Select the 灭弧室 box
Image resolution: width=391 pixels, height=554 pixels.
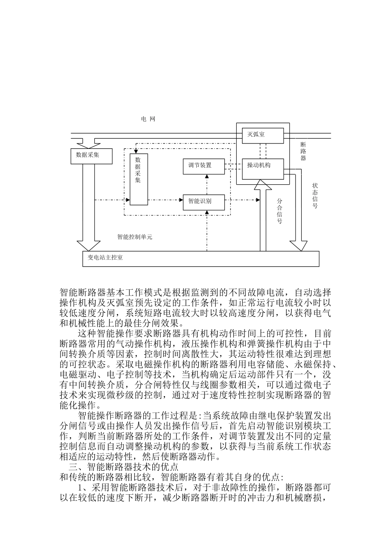(263, 135)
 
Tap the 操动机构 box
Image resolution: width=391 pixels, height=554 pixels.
(263, 169)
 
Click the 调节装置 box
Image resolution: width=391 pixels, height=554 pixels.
(204, 165)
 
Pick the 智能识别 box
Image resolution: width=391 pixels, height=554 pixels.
(204, 202)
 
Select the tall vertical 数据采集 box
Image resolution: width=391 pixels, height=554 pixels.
(138, 179)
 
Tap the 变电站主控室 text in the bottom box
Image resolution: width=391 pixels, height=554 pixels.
(105, 258)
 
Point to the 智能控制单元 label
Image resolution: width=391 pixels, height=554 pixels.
(135, 237)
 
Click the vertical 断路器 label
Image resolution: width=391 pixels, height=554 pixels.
(303, 151)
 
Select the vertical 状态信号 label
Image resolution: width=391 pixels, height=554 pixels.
(315, 195)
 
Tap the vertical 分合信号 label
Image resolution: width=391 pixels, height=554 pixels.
(279, 211)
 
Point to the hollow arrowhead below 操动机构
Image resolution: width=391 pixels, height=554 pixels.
(263, 185)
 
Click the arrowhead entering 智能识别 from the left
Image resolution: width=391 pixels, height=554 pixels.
(181, 200)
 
